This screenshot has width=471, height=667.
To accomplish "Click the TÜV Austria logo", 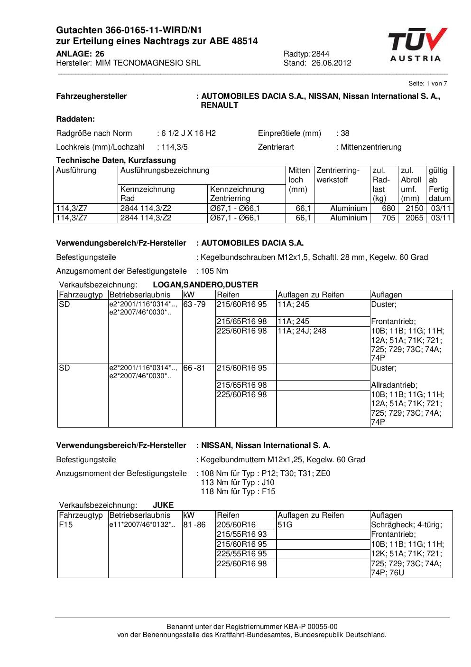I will point(416,45).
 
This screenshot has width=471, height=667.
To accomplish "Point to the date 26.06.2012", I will point(332,63).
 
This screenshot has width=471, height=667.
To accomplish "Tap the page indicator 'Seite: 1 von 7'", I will point(427,84).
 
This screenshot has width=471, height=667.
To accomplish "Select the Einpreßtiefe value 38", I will point(344,133).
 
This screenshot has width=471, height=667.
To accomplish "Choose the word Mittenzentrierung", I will point(371,147).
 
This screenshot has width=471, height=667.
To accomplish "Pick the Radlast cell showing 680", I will point(388,208).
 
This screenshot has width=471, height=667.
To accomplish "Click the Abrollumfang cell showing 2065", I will point(414,218).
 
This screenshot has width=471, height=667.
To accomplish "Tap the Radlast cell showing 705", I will point(388,218).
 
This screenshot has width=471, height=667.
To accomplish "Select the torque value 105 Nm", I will point(214,271).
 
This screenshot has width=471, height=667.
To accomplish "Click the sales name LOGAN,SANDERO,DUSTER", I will point(205,285).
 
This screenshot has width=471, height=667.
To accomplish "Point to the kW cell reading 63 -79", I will point(194,304).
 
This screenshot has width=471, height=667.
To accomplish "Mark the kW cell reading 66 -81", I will point(194,368).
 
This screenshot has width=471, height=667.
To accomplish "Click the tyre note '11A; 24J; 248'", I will point(302,331).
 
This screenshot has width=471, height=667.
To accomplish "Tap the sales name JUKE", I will point(163,505).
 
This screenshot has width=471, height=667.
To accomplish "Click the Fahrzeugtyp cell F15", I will point(65,524).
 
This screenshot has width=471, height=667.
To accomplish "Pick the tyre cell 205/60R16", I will point(236,524).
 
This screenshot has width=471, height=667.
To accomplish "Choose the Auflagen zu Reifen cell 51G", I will point(285,524).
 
